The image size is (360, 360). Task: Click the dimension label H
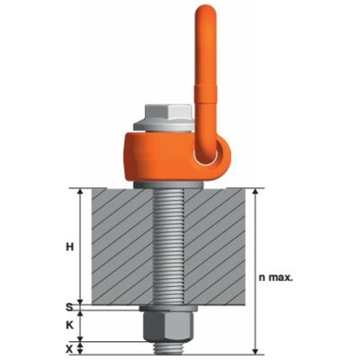click(x=70, y=247)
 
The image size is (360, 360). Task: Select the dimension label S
click(x=69, y=307)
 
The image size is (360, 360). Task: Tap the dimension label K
click(x=69, y=326)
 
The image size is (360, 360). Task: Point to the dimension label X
click(x=69, y=348)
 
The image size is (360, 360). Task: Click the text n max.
click(x=275, y=277)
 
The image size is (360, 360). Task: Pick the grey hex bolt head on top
click(x=168, y=112)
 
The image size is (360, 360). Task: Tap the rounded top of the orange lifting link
click(x=205, y=12)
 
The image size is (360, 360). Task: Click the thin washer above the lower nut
click(x=168, y=309)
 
